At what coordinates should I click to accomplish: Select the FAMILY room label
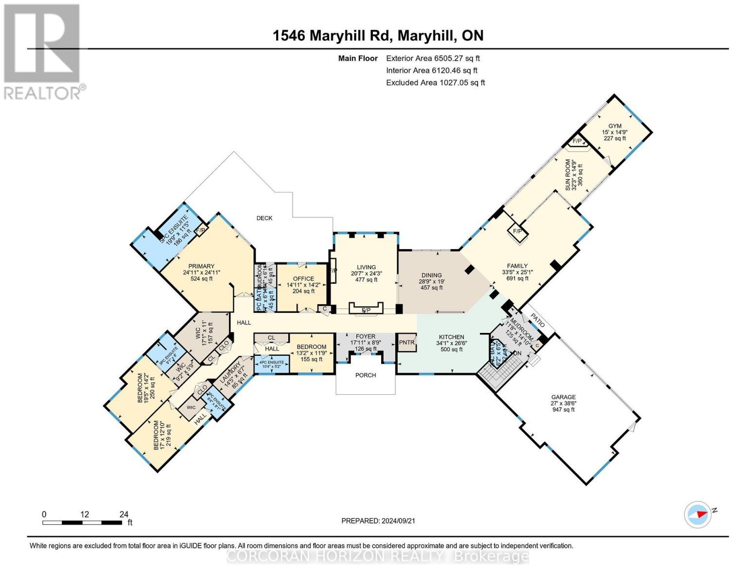[517, 266]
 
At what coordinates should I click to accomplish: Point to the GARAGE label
[563, 397]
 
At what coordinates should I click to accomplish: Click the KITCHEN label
[451, 337]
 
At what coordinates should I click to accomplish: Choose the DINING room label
[431, 275]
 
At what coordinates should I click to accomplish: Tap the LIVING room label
[366, 267]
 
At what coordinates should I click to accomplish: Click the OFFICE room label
[303, 279]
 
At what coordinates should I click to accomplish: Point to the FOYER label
[366, 336]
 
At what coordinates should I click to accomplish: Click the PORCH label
[366, 375]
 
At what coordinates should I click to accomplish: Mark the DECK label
[264, 218]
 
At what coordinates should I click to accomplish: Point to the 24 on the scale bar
[124, 514]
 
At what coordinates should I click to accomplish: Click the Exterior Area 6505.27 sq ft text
[433, 58]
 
